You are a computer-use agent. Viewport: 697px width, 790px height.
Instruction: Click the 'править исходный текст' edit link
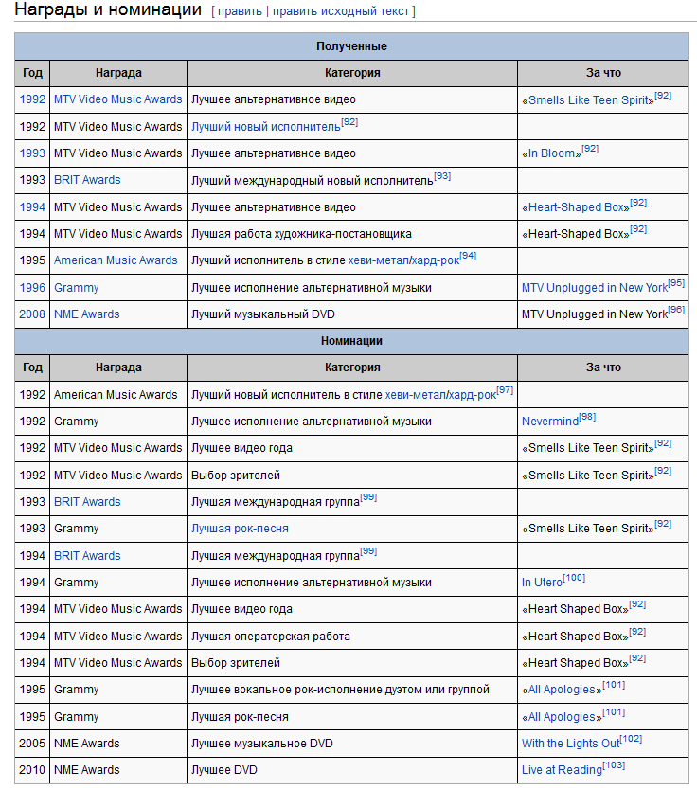[341, 11]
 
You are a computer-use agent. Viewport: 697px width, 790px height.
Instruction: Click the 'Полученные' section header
[351, 46]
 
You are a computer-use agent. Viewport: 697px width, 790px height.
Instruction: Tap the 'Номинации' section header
[351, 341]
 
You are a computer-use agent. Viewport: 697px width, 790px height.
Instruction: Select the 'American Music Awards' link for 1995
[116, 260]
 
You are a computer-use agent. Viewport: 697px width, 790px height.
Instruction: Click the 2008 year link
[32, 314]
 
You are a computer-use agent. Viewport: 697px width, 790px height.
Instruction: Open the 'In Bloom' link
[551, 153]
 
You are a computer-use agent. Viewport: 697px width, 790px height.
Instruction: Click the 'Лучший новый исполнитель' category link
[265, 127]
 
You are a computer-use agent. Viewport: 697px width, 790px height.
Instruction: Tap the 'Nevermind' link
[549, 422]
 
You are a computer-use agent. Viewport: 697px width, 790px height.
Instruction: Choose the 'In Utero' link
[542, 583]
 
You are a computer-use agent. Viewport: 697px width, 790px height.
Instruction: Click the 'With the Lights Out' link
[570, 744]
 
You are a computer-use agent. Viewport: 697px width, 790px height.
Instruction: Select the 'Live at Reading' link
[562, 770]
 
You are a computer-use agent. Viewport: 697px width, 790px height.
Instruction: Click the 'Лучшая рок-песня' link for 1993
[240, 529]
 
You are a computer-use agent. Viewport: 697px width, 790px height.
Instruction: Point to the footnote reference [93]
[442, 176]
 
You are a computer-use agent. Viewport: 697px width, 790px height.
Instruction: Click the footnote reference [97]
[505, 390]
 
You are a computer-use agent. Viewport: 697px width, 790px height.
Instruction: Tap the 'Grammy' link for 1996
[76, 288]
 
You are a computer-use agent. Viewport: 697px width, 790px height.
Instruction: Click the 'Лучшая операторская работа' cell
[271, 637]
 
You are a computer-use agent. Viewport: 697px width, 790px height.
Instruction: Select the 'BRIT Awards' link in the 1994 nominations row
[87, 556]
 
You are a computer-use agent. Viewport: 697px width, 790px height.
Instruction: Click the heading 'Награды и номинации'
[108, 10]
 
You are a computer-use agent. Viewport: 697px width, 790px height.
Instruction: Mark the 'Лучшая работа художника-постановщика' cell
[301, 234]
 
